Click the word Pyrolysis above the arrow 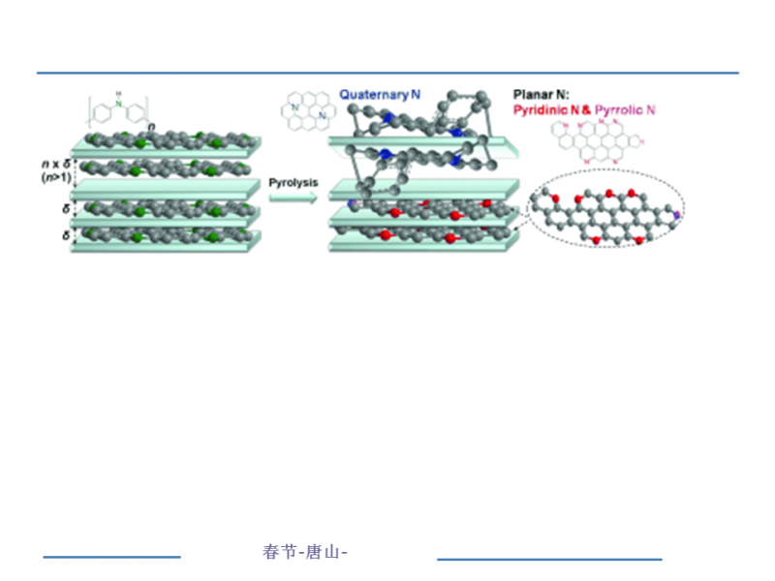(293, 182)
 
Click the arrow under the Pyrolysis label (293, 198)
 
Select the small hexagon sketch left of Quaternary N (309, 108)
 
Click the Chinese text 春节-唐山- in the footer (304, 552)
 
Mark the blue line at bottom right (549, 559)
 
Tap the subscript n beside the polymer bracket (151, 126)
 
